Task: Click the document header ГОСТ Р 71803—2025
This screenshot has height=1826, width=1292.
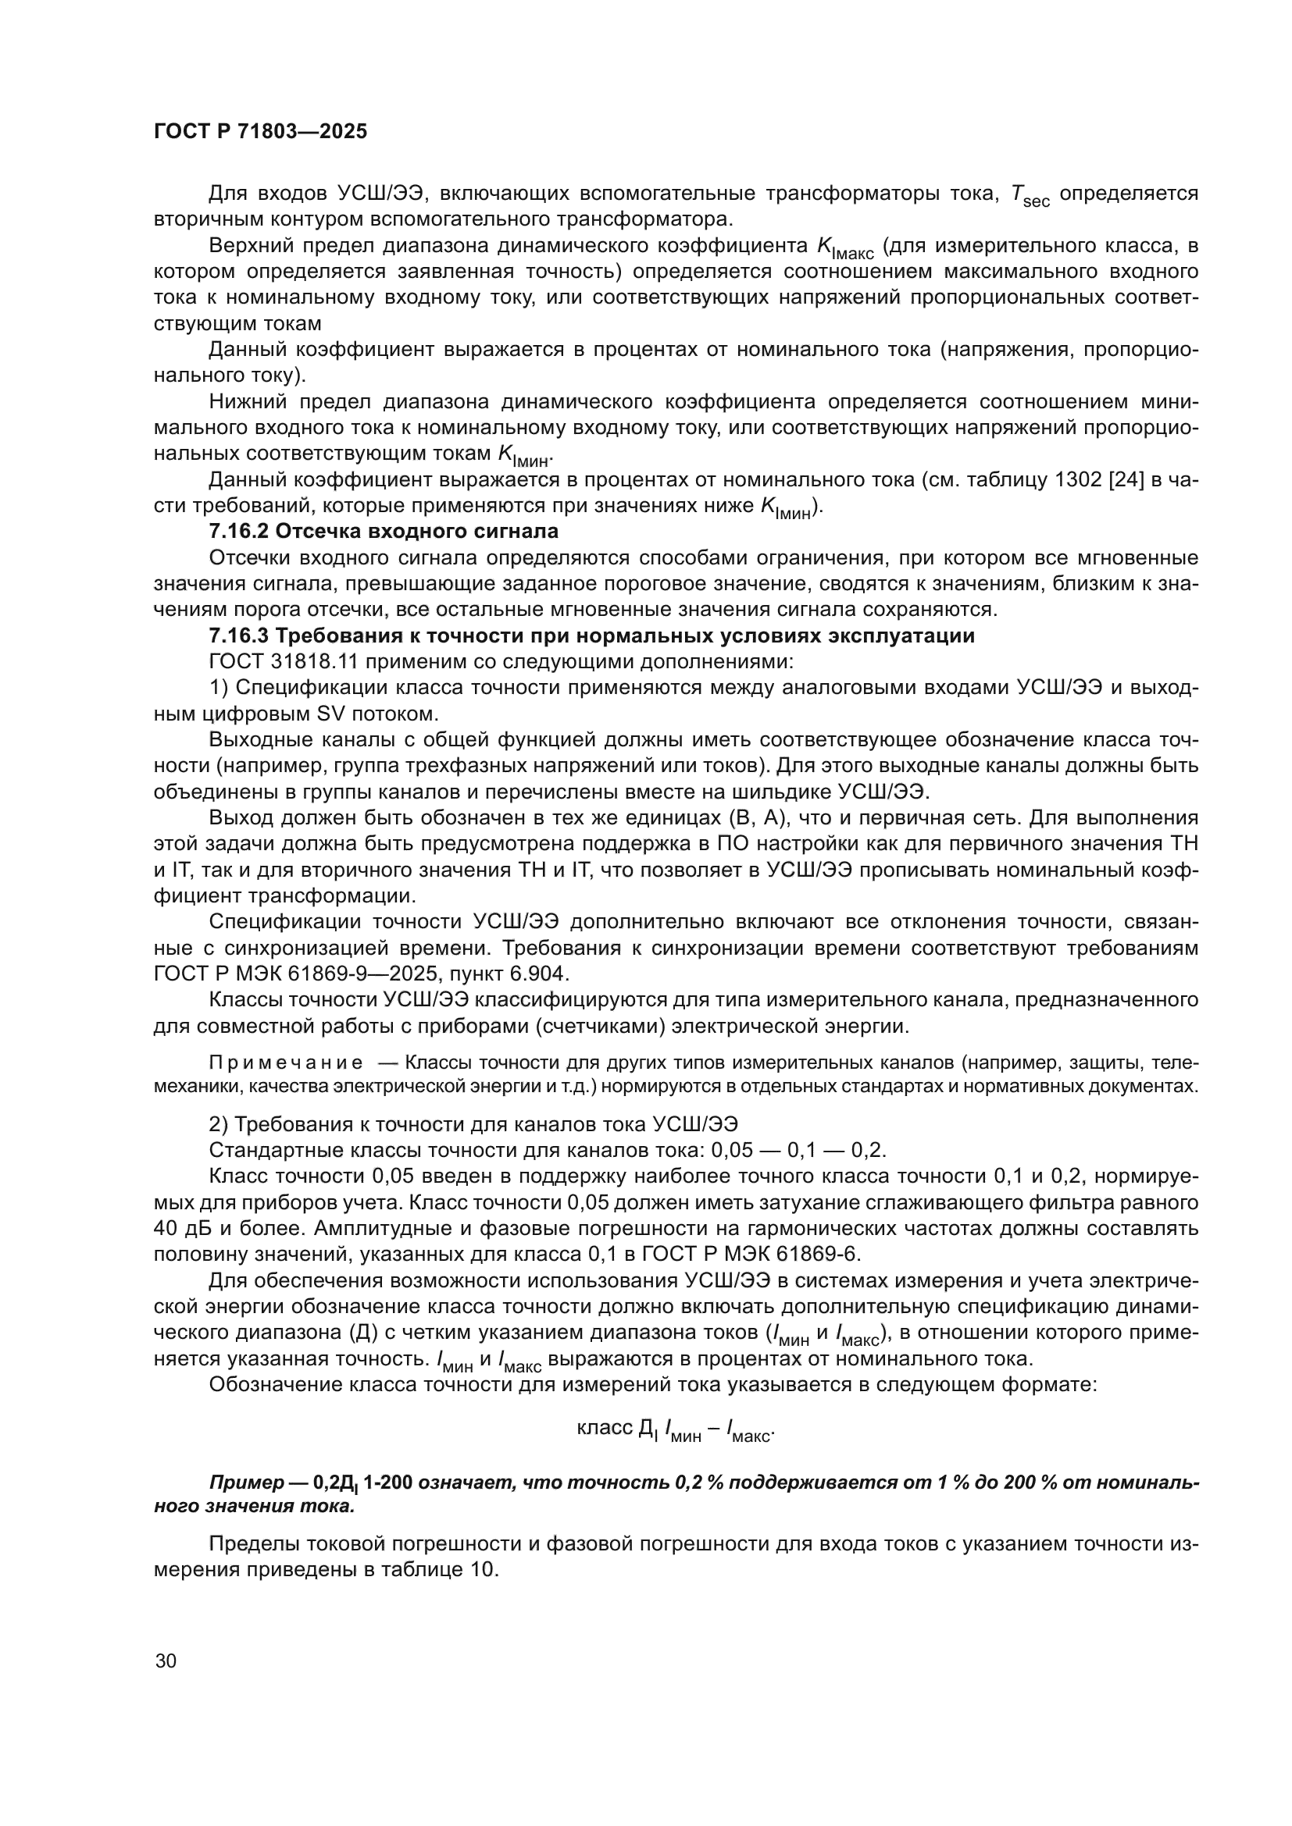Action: pos(260,132)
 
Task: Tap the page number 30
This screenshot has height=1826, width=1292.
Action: pos(166,1660)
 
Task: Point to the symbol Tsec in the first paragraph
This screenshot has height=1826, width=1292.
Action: pos(1030,195)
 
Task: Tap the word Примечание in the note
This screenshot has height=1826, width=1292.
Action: pos(286,1063)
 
